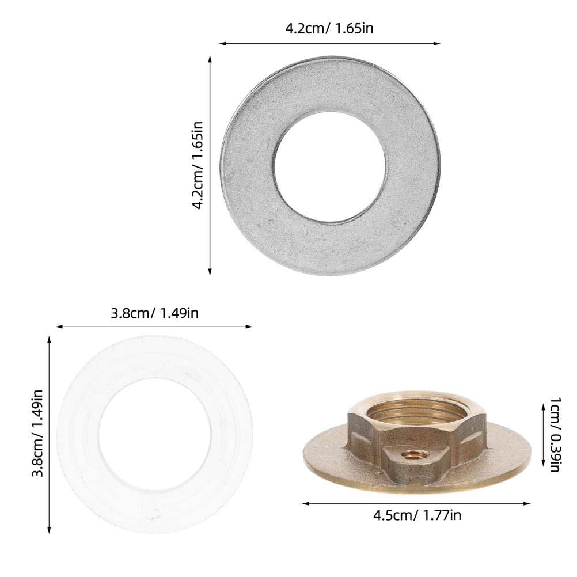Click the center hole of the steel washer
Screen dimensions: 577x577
pyautogui.click(x=330, y=166)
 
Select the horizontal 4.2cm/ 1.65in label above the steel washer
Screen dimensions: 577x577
pyautogui.click(x=329, y=29)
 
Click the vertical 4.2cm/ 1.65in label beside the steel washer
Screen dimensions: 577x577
pyautogui.click(x=198, y=166)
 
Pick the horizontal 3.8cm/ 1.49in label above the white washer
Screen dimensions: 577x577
pyautogui.click(x=154, y=313)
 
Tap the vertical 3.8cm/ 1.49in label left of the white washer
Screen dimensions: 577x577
pyautogui.click(x=38, y=433)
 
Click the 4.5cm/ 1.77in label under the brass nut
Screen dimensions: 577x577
pyautogui.click(x=417, y=515)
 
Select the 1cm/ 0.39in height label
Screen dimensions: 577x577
pyautogui.click(x=555, y=434)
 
